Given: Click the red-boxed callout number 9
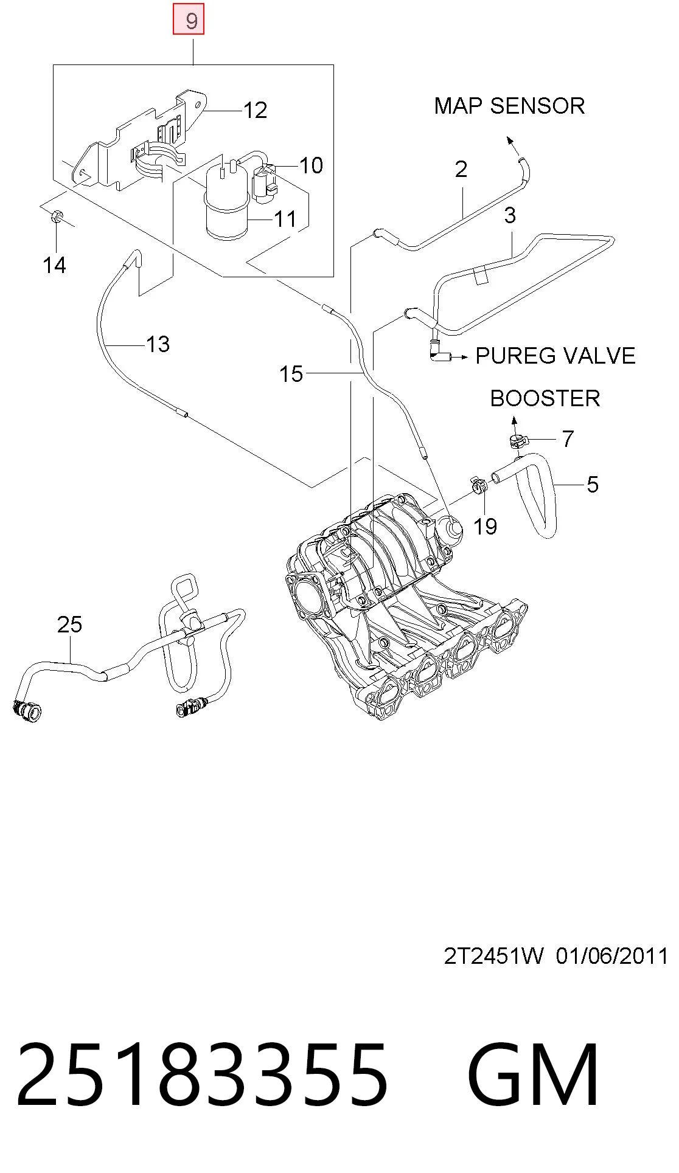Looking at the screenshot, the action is tap(189, 21).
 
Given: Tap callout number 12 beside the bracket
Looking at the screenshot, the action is tap(256, 110).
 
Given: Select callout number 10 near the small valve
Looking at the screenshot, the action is tap(312, 165).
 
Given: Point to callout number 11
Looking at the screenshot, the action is tap(285, 218).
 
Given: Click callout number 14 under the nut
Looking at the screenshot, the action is tap(55, 265).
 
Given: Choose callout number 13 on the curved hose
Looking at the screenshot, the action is tap(158, 344).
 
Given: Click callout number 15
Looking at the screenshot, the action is tap(291, 374).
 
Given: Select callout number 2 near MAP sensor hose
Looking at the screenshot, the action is tap(461, 169).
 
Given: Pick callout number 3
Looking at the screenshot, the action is tap(510, 215).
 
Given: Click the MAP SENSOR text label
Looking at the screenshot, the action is tap(509, 106).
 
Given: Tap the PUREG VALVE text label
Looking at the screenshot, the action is tap(555, 356).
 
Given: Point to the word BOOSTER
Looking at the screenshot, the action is tap(545, 398).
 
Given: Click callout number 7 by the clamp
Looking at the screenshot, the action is tap(568, 438).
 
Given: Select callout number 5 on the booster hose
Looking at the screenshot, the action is tap(593, 485).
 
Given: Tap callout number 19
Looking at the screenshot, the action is tap(485, 527).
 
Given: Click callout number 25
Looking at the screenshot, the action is tap(69, 625).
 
